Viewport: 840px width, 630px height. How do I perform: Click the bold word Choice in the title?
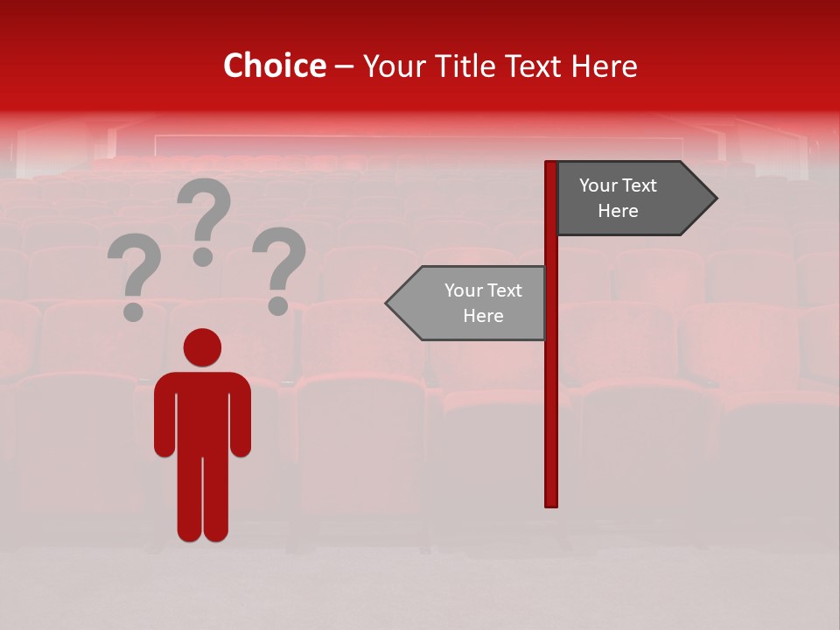274,66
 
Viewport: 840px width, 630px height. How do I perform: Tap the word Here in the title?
604,66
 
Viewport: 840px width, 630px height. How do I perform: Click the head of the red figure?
202,347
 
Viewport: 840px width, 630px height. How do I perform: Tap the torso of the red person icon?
202,411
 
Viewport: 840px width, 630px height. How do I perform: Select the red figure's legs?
202,499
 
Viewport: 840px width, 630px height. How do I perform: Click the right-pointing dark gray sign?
626,199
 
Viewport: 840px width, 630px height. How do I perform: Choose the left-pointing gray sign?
472,303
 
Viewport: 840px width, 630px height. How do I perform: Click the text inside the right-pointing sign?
618,199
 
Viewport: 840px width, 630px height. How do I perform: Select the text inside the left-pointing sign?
483,303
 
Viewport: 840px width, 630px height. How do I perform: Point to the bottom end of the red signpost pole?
551,502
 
